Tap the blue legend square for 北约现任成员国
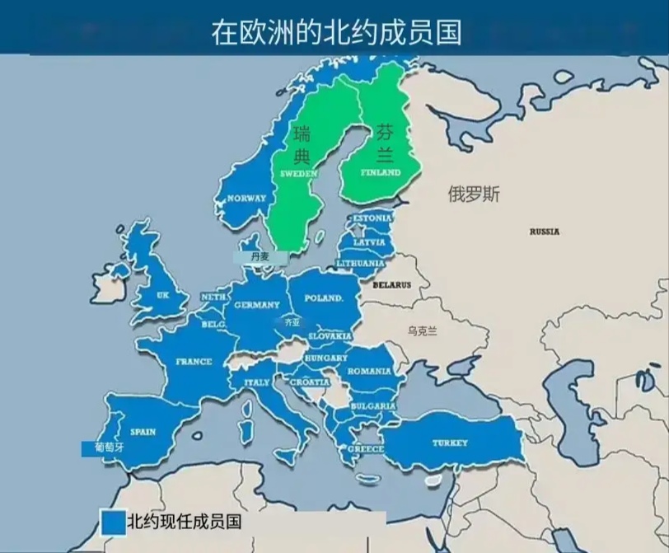pyautogui.click(x=112, y=522)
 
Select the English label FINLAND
pyautogui.click(x=380, y=173)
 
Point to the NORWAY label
pyautogui.click(x=246, y=199)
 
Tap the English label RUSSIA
pyautogui.click(x=544, y=232)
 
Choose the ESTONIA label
pyautogui.click(x=370, y=218)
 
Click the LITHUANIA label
pyautogui.click(x=361, y=263)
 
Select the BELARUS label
pyautogui.click(x=391, y=285)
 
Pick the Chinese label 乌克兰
pyautogui.click(x=423, y=330)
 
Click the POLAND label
pyautogui.click(x=323, y=298)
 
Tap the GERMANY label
pyautogui.click(x=257, y=305)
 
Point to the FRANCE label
pyautogui.click(x=194, y=362)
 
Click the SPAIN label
pyautogui.click(x=143, y=432)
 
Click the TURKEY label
pyautogui.click(x=450, y=443)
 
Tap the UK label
pyautogui.click(x=162, y=295)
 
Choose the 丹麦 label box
pyautogui.click(x=260, y=257)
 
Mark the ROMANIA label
pyautogui.click(x=368, y=372)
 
